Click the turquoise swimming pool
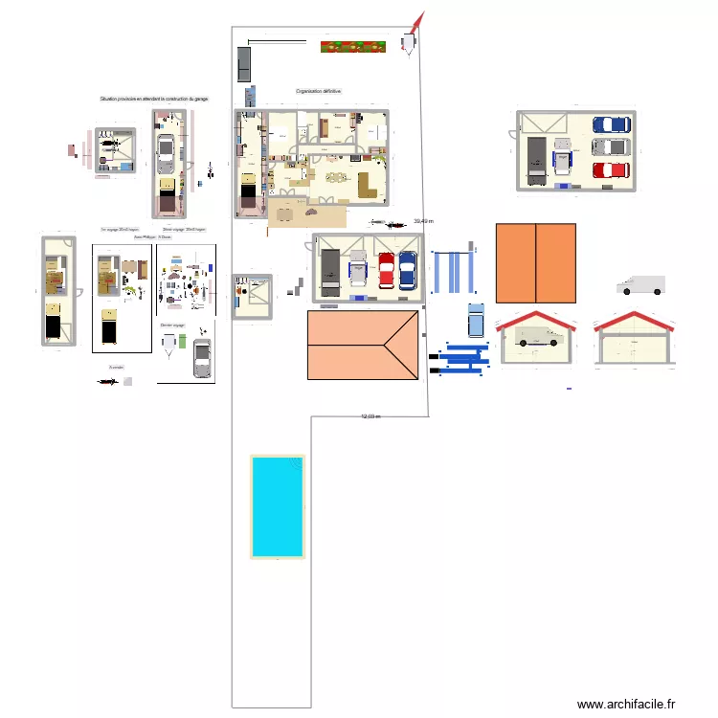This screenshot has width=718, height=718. tap(278, 505)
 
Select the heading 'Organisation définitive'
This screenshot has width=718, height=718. tap(319, 91)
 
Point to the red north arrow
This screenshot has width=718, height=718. tap(417, 22)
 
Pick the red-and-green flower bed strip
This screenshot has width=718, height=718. tap(353, 46)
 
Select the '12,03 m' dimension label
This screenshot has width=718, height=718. tap(370, 416)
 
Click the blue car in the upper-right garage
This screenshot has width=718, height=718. tap(610, 124)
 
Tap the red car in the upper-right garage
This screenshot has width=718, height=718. tap(610, 170)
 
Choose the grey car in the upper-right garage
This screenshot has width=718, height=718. tap(610, 147)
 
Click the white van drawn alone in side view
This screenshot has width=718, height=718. tap(640, 285)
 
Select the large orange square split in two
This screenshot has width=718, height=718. tap(535, 263)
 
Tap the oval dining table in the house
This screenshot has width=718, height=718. tap(335, 176)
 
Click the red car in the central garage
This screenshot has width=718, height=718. tap(386, 269)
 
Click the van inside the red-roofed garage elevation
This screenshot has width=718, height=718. tap(537, 337)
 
